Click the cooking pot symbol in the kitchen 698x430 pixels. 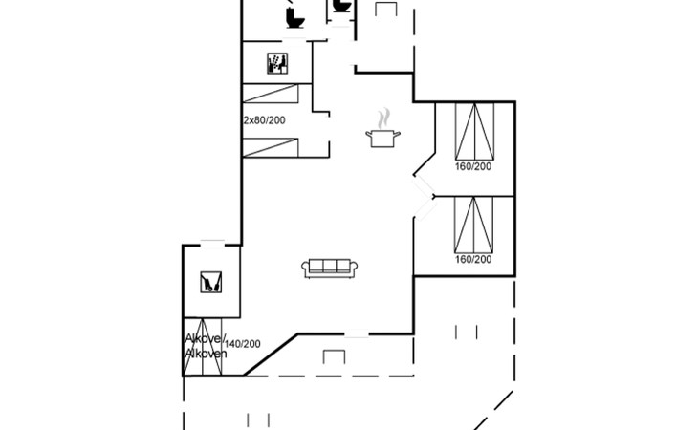tap(382, 139)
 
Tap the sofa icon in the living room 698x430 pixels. tap(330, 269)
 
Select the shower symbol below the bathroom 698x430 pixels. tap(277, 63)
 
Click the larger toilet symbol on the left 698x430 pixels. tap(294, 18)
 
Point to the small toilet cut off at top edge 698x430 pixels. tap(341, 6)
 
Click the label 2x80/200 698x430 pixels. tap(265, 120)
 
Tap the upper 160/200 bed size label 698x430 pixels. tap(472, 166)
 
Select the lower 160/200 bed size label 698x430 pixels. tap(472, 259)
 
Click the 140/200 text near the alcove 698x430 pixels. tap(243, 344)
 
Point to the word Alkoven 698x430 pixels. tap(206, 354)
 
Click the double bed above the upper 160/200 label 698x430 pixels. tap(474, 131)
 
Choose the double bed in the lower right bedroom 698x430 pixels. tap(473, 225)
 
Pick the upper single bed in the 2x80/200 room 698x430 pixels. tap(271, 94)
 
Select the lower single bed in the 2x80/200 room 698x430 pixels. tap(271, 147)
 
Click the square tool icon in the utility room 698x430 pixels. tap(211, 282)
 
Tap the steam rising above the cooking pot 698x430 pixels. tap(383, 118)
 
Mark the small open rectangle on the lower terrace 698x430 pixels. tap(334, 357)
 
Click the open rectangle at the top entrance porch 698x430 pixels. tap(386, 10)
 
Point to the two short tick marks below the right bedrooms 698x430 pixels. tap(466, 333)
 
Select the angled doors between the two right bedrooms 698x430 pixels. tap(425, 198)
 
